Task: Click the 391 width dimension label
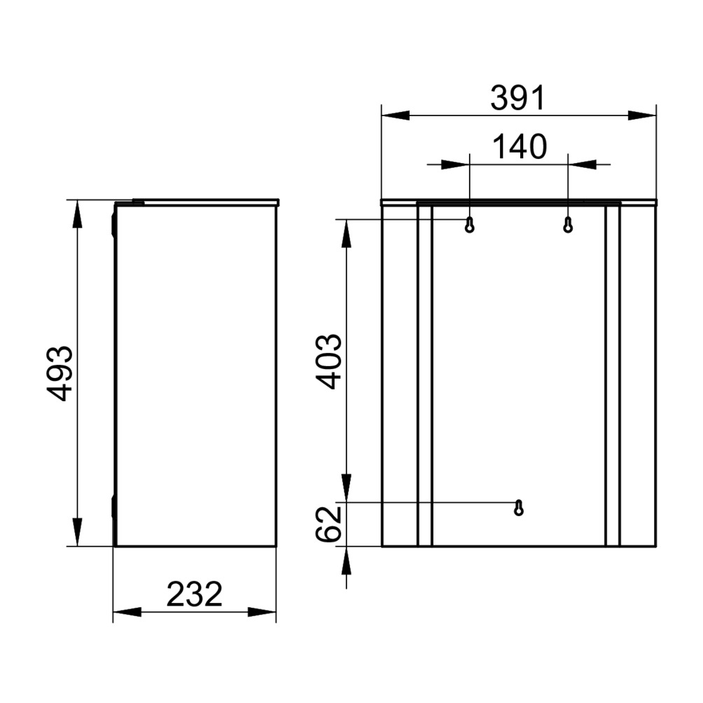[x=518, y=98]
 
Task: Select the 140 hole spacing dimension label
[x=520, y=146]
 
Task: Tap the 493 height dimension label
[x=60, y=373]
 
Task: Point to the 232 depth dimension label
[x=194, y=594]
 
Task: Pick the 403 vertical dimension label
[x=329, y=361]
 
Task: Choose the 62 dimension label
[x=329, y=524]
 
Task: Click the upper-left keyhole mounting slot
[x=469, y=225]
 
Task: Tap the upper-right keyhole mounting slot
[x=568, y=225]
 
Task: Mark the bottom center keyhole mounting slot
[x=519, y=508]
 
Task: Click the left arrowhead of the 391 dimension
[x=395, y=116]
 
